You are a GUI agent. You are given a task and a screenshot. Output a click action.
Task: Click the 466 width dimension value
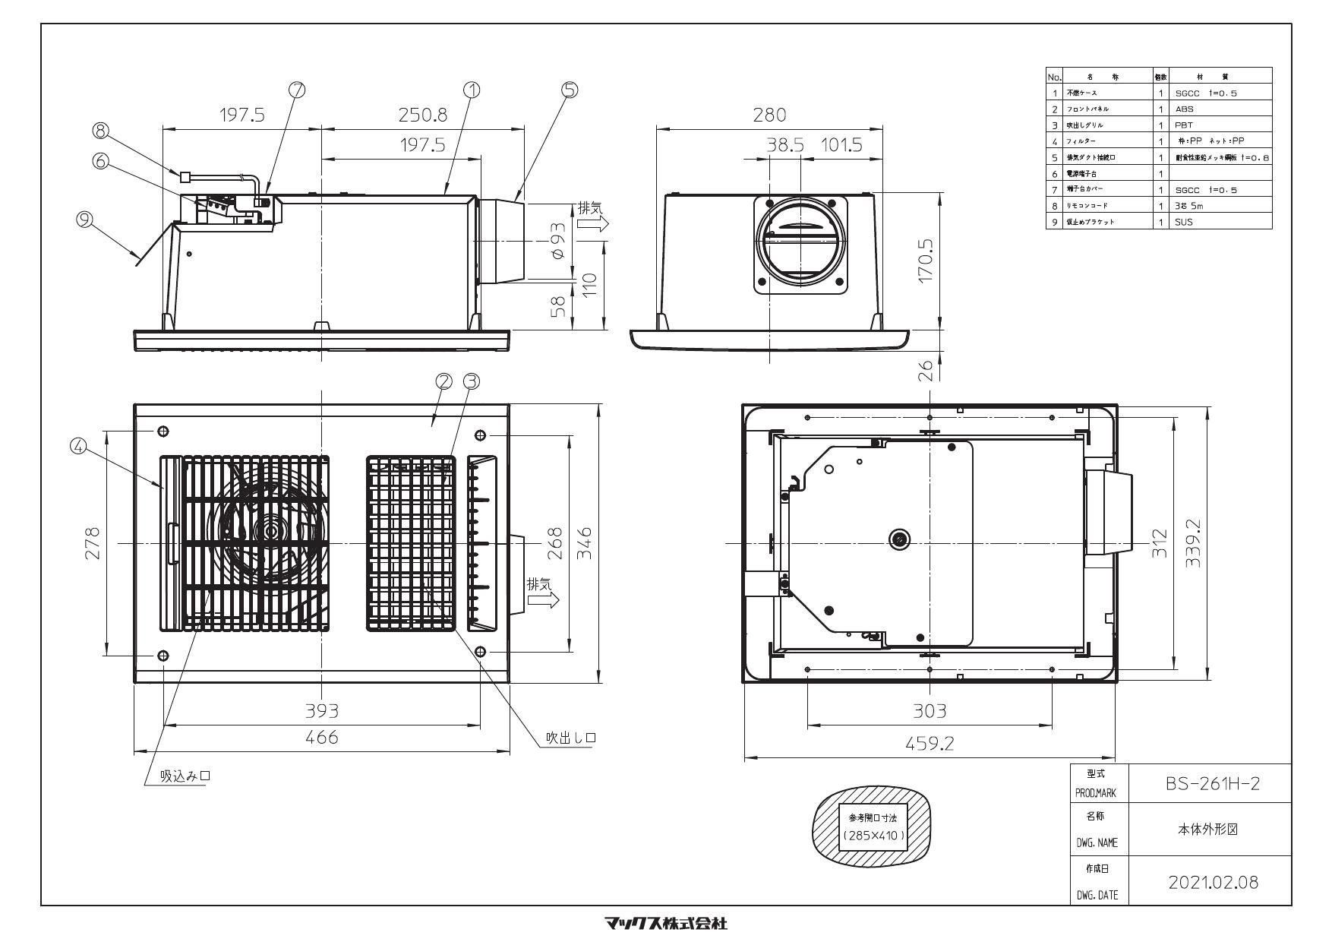pyautogui.click(x=322, y=737)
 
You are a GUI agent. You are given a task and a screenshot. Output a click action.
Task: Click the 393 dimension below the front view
pyautogui.click(x=322, y=711)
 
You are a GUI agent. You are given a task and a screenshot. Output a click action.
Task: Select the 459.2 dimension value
pyautogui.click(x=930, y=744)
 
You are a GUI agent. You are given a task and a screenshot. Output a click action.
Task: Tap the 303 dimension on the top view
pyautogui.click(x=930, y=711)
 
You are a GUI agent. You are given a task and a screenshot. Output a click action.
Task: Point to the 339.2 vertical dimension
pyautogui.click(x=1193, y=543)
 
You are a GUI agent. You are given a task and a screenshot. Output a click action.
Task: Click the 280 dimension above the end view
pyautogui.click(x=769, y=115)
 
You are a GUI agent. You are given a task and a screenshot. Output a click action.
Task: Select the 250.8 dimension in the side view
pyautogui.click(x=423, y=115)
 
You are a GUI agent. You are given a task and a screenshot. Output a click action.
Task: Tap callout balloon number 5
pyautogui.click(x=570, y=90)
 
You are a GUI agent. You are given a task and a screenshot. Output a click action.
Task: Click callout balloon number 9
pyautogui.click(x=85, y=220)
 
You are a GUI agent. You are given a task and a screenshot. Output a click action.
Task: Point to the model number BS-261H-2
pyautogui.click(x=1212, y=783)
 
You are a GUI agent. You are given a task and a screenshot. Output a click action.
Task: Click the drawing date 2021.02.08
pyautogui.click(x=1213, y=882)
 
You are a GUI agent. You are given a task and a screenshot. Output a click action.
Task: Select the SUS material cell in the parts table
pyautogui.click(x=1183, y=222)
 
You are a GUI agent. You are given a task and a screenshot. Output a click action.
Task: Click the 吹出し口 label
pyautogui.click(x=571, y=738)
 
